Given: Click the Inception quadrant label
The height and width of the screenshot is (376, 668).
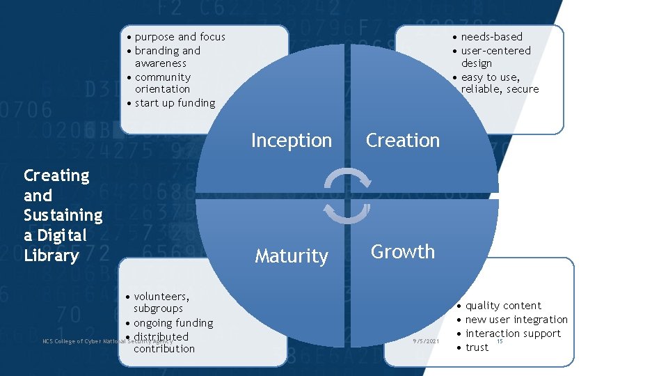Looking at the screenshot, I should [x=291, y=141].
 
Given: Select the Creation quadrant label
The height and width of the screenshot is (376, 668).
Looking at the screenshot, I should [x=403, y=141].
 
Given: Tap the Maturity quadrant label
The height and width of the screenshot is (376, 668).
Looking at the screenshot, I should [x=291, y=256].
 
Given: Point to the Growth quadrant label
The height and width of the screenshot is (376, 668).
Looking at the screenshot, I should [x=403, y=251].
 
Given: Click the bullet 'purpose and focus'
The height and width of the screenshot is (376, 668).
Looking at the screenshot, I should [x=180, y=37].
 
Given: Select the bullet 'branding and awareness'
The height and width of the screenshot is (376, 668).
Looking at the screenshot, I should [x=167, y=57].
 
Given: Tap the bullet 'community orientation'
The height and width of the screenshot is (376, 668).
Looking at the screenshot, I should [x=162, y=83].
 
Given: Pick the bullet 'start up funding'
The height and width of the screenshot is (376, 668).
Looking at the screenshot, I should [x=175, y=103].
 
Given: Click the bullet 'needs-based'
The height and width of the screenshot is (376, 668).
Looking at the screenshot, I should [x=491, y=37].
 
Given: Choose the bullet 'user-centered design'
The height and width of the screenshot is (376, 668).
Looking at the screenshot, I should [x=495, y=57].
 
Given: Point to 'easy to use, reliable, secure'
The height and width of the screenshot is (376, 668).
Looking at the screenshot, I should [x=500, y=83].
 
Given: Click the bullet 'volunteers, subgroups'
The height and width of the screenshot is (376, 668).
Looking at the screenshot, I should [x=161, y=302].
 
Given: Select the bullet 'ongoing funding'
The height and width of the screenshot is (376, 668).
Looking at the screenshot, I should [x=173, y=323].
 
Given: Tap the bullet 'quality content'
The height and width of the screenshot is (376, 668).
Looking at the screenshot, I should [x=503, y=306].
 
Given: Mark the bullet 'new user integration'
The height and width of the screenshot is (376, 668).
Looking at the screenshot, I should [x=516, y=320].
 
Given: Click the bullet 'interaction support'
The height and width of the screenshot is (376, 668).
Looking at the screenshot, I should [x=513, y=334].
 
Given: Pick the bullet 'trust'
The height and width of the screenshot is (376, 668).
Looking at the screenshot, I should [x=477, y=347].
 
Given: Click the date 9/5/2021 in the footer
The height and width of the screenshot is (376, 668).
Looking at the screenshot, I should [x=425, y=341].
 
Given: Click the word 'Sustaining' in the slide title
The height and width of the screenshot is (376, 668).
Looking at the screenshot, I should [x=63, y=215].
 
